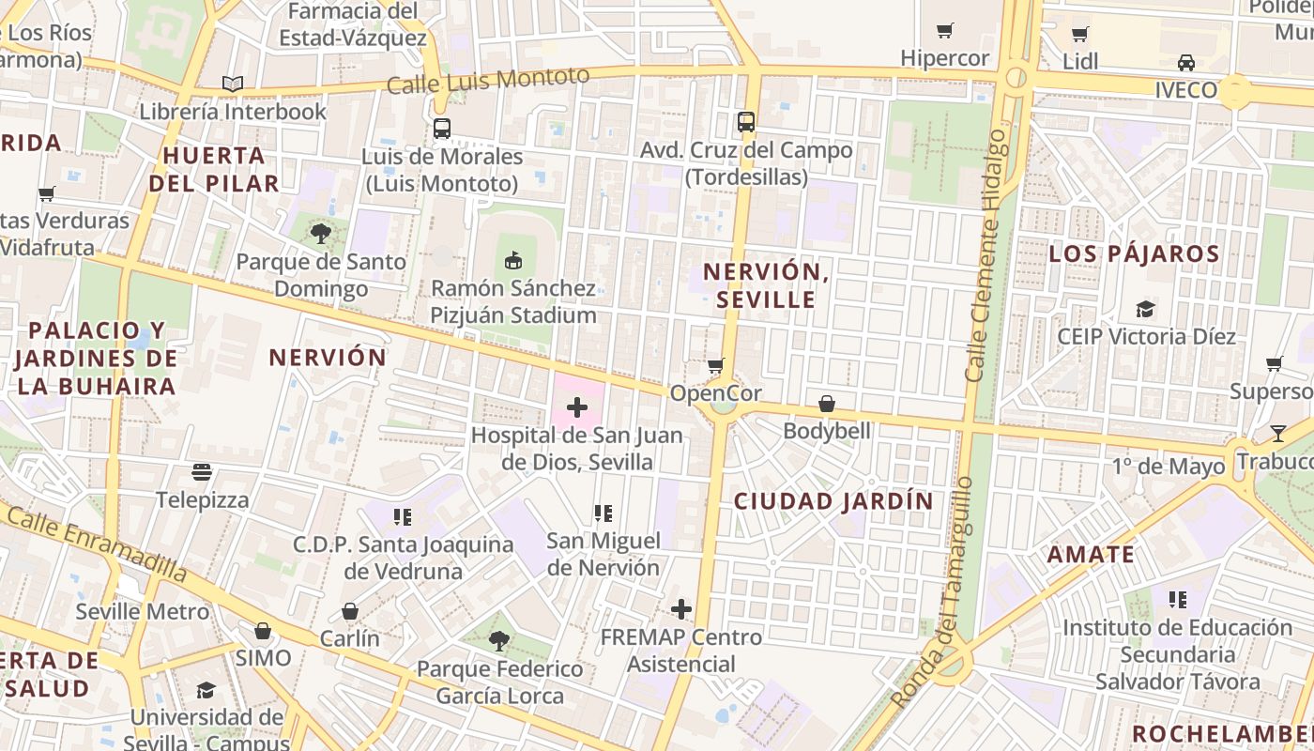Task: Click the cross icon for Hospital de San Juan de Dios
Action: pos(577,407)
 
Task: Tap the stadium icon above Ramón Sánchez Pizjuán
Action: pos(512,260)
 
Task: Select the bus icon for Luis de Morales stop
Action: pos(442,129)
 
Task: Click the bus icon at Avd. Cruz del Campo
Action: pos(746,122)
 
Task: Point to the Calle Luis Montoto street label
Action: pos(488,81)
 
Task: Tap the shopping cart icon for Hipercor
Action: pos(945,31)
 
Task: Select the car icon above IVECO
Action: pos(1186,63)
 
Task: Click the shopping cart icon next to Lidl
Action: pos(1080,35)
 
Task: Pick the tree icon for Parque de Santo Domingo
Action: pos(321,234)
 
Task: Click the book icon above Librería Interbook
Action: pos(233,84)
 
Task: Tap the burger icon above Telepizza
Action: pos(202,471)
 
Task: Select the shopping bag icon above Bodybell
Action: pos(827,404)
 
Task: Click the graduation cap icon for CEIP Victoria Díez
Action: pos(1145,309)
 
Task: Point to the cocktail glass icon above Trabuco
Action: pos(1278,434)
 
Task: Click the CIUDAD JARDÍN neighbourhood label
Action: pos(833,501)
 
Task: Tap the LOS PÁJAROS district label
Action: pos(1134,253)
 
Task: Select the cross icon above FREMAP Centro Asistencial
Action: pos(681,609)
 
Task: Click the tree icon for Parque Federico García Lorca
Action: pos(499,641)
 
